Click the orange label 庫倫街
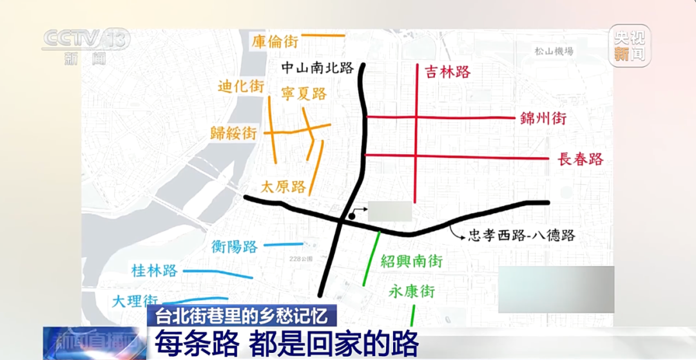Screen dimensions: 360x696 [x=275, y=42]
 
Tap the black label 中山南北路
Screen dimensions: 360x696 [x=318, y=66]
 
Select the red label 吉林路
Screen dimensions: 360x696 [x=447, y=71]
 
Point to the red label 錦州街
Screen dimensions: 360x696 [x=543, y=118]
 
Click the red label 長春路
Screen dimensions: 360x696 [x=580, y=159]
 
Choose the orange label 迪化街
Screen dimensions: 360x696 [x=241, y=86]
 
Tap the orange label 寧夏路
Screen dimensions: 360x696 [x=304, y=93]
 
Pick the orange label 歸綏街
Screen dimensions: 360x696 [x=233, y=133]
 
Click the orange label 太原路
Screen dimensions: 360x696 [x=283, y=187]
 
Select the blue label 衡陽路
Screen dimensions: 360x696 [x=235, y=246]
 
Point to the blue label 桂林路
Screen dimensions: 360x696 [x=154, y=270]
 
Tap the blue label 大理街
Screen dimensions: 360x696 [x=135, y=300]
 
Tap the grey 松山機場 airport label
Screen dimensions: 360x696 [x=554, y=52]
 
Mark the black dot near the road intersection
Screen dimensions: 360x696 [x=352, y=216]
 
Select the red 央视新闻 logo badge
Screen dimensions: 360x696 [x=630, y=46]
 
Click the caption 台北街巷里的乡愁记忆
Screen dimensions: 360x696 [x=242, y=316]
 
